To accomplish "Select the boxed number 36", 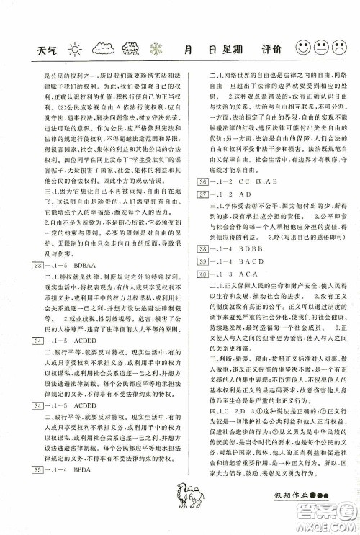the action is click(x=202, y=204).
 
